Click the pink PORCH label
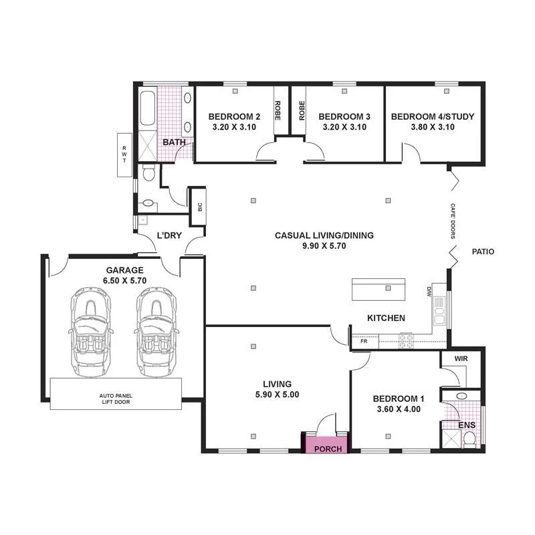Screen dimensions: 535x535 coord(327,448)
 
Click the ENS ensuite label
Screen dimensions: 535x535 coord(466,425)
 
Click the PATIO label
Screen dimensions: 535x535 coord(483,252)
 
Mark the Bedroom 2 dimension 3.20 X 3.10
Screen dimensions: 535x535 coord(234,127)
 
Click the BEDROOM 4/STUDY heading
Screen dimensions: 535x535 coord(433,116)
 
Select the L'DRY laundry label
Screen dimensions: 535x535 coord(169,235)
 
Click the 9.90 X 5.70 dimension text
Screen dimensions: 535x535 coord(324,246)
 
